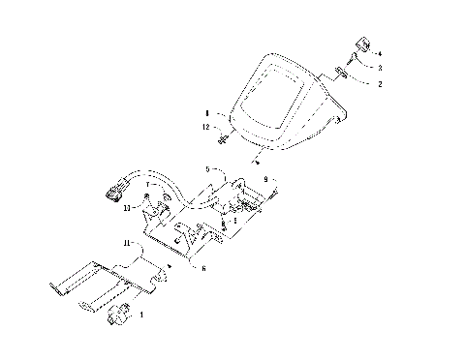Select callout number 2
tap(379, 85)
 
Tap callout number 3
tap(379, 68)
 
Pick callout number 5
tap(207, 168)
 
